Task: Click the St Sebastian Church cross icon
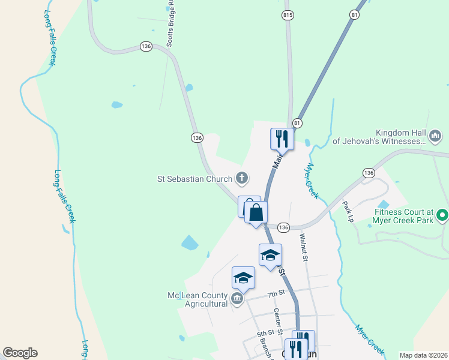coord(242,178)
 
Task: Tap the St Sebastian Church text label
coord(194,178)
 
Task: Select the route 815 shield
coord(288,14)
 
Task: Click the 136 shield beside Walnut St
coord(283,227)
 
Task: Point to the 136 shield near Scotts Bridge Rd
coord(146,46)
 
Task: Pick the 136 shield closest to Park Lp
coord(369,173)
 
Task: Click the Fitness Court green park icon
coord(442,214)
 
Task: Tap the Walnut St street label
coord(304,248)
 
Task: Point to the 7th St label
coord(276,293)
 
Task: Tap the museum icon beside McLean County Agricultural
coord(237,299)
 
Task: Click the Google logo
coord(20,353)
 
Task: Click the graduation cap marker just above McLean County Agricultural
coord(243,278)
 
